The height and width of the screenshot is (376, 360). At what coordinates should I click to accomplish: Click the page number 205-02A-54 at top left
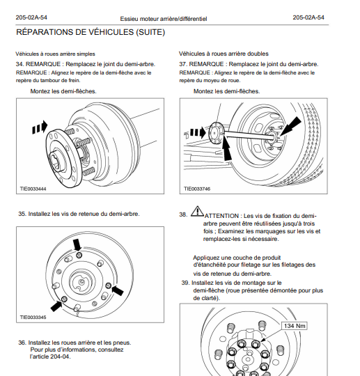31,17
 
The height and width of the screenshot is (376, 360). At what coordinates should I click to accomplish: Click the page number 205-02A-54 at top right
308,17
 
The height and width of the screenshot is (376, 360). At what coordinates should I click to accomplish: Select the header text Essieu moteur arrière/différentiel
164,19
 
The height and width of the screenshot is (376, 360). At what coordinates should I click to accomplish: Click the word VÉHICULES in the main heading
111,32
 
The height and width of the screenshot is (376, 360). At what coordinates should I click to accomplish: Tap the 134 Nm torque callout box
295,326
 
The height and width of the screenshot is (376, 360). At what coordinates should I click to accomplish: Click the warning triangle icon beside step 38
197,212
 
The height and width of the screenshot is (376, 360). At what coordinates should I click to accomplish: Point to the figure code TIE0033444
33,189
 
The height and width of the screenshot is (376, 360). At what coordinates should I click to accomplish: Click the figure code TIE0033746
197,189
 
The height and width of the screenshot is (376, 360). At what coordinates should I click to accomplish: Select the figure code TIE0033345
33,318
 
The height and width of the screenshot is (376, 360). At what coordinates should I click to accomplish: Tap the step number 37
183,64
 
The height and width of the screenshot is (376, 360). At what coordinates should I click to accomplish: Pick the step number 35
22,214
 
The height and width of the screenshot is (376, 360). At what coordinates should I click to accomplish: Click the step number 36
22,343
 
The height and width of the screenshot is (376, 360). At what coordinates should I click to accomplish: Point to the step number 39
185,283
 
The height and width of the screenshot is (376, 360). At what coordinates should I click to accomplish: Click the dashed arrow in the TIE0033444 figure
40,127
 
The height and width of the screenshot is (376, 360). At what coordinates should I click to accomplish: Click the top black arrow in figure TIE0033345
77,244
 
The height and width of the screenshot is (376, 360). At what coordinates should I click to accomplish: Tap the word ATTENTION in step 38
221,216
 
